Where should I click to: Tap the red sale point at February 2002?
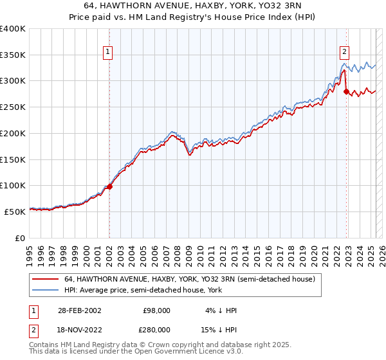(109, 186)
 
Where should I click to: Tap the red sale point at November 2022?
(346, 92)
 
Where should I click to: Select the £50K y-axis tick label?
(16, 212)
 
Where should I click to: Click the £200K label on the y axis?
(14, 133)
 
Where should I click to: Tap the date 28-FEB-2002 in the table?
(75, 310)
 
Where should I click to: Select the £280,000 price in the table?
(156, 328)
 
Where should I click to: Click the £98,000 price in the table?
(156, 310)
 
